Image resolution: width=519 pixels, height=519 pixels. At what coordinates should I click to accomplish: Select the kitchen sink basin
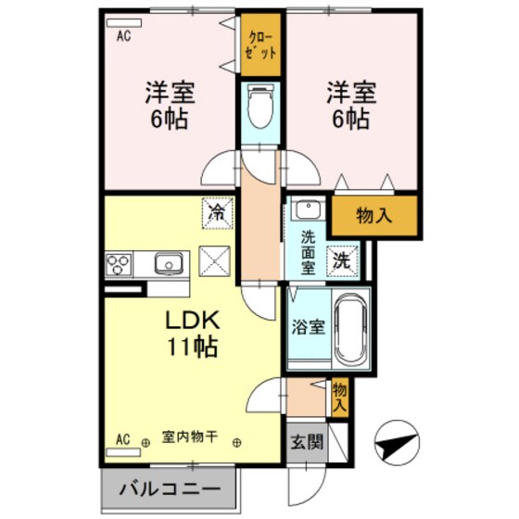(169, 263)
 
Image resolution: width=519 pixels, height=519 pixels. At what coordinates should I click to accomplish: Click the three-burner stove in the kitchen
(120, 265)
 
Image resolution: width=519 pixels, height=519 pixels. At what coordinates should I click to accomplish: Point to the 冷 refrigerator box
(215, 213)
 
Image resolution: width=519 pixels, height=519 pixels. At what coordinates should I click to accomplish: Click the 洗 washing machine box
(343, 261)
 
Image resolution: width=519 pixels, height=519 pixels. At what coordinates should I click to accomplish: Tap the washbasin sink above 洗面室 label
(306, 210)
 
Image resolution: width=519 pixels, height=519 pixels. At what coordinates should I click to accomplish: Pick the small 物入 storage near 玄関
(340, 397)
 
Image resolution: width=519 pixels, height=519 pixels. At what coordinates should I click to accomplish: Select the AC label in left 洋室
(122, 38)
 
